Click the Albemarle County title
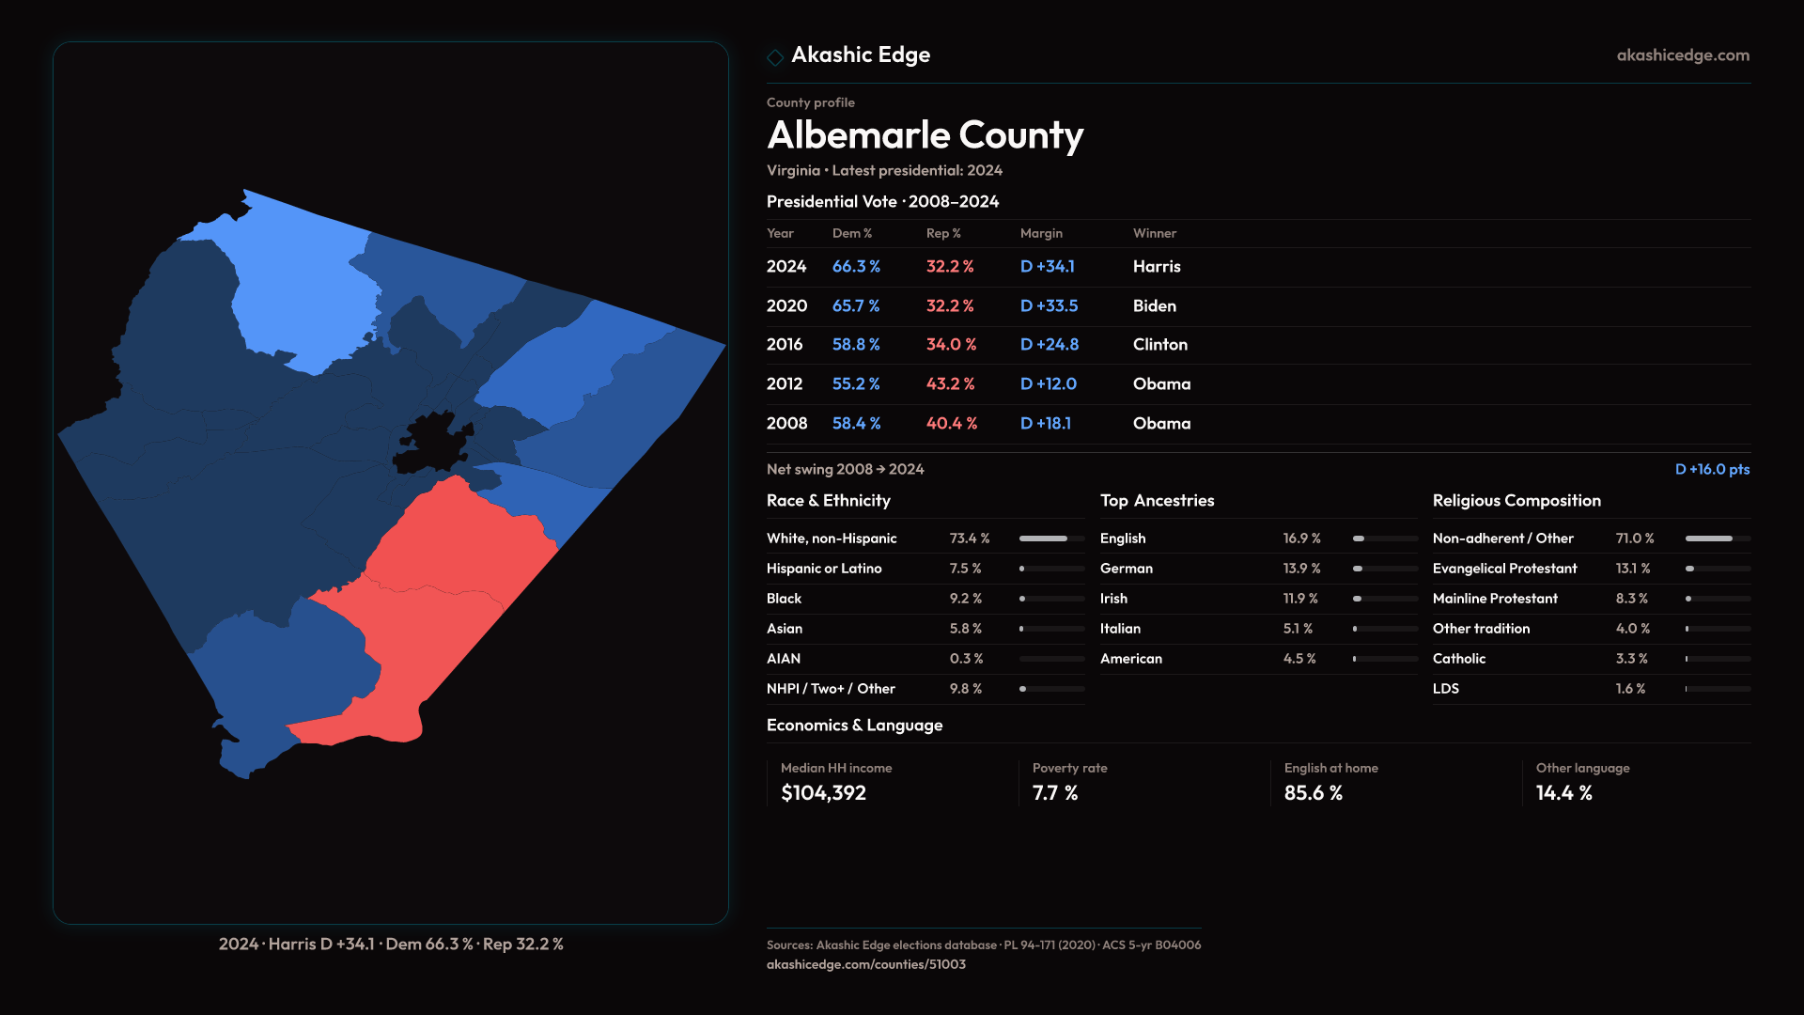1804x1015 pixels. [925, 135]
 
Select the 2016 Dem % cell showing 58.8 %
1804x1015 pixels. [855, 345]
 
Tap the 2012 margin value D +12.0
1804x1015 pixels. [1048, 384]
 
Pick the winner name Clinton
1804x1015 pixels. [1159, 345]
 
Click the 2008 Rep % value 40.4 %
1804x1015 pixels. [951, 424]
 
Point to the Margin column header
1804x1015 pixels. [1041, 233]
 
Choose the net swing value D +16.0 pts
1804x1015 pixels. [1711, 469]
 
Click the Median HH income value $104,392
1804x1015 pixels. [823, 793]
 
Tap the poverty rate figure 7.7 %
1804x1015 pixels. [1054, 793]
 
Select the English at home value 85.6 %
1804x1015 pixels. [1313, 793]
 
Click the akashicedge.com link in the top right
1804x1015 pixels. [1682, 55]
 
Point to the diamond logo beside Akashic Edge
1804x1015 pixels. [775, 57]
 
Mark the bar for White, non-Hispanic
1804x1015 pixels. [1051, 539]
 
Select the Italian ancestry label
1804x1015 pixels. [1120, 629]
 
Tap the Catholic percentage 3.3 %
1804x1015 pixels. [1631, 659]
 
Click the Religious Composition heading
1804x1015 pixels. [1516, 501]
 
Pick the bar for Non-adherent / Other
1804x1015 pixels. [1717, 539]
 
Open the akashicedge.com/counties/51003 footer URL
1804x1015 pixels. [865, 964]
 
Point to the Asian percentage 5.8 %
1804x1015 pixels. [965, 629]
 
